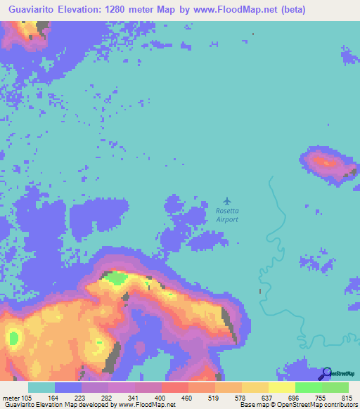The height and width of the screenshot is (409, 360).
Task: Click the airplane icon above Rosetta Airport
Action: pyautogui.click(x=226, y=201)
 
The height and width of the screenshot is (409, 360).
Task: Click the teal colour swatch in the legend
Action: pyautogui.click(x=41, y=387)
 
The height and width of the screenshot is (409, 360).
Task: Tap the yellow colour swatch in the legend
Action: pyautogui.click(x=282, y=387)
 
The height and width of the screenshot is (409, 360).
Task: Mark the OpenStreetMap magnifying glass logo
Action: pyautogui.click(x=326, y=373)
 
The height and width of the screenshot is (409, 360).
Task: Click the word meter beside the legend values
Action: pyautogui.click(x=12, y=398)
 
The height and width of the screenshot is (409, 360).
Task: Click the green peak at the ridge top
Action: pyautogui.click(x=114, y=278)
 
